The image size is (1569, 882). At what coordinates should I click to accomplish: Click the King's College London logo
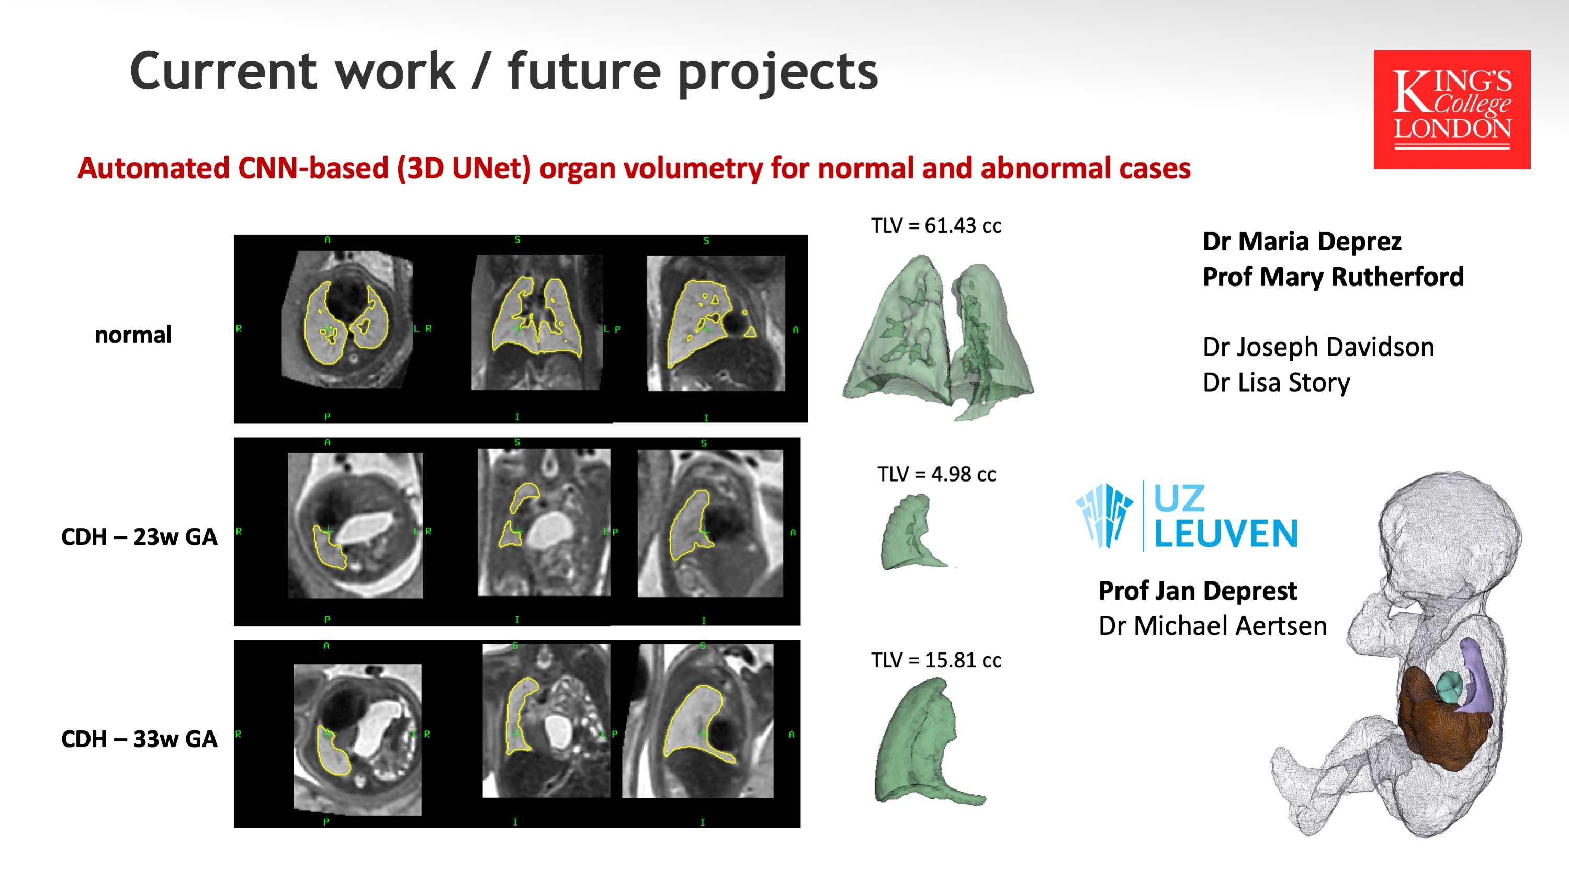1451,110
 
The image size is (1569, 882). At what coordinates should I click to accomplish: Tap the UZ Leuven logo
1187,516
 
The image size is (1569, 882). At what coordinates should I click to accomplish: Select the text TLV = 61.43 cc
935,226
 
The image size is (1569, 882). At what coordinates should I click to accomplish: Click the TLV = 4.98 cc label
936,474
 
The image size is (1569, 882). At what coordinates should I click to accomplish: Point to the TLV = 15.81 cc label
935,660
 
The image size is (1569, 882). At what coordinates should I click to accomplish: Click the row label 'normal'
133,334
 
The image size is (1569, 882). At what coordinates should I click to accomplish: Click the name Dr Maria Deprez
1302,242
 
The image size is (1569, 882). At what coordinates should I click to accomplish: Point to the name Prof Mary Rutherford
1333,278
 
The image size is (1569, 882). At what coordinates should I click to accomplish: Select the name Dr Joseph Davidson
1318,348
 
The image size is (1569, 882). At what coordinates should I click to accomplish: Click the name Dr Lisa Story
1276,383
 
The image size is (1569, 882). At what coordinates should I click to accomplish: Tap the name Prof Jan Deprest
1198,591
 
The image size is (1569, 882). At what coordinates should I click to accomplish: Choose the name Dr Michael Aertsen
1212,626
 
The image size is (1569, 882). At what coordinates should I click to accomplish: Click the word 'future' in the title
584,71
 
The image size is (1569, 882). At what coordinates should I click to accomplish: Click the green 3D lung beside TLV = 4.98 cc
912,533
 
